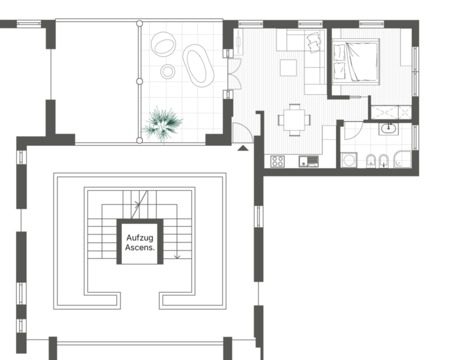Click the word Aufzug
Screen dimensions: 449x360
140,238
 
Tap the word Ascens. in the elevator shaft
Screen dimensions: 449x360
140,247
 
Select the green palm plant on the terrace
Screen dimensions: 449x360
162,124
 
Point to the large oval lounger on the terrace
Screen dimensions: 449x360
198,65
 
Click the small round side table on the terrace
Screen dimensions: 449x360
168,71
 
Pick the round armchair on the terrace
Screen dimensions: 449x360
164,44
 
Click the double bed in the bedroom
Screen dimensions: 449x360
355,62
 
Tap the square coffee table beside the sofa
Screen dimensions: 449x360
288,68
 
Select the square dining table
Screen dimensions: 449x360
294,120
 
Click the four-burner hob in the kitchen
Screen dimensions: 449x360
278,161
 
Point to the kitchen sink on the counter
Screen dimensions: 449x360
308,161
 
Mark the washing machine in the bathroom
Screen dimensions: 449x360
349,160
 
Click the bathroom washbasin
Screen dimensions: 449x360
388,128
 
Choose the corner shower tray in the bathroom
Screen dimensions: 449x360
403,160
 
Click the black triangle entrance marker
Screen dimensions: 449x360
243,148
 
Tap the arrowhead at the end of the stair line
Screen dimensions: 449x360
177,257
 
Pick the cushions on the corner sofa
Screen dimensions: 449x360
314,42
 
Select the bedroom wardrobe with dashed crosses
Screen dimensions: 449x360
391,112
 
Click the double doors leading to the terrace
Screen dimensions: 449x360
234,74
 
